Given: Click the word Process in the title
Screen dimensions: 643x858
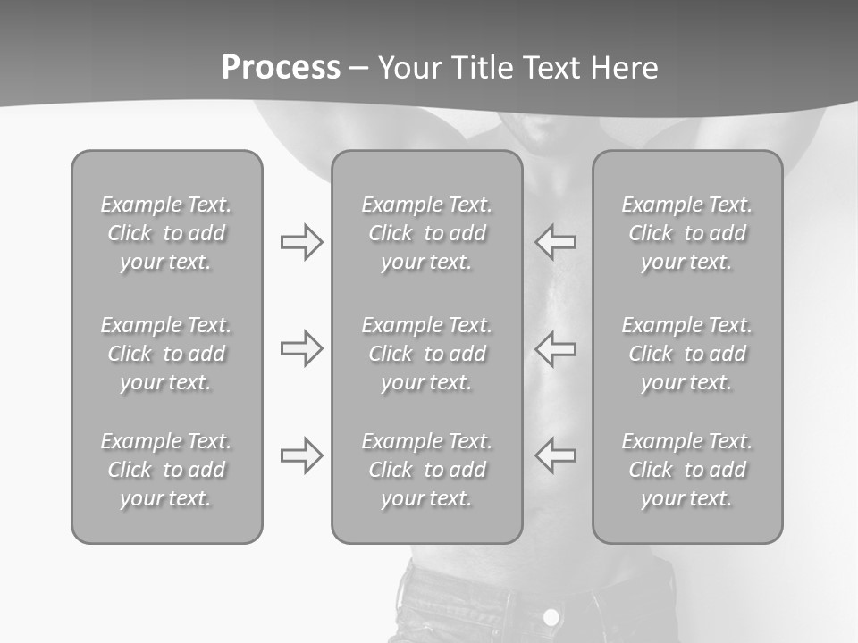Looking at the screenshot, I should (x=281, y=68).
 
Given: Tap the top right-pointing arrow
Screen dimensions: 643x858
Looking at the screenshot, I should (x=301, y=242).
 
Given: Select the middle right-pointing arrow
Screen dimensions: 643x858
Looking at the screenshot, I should (x=301, y=348).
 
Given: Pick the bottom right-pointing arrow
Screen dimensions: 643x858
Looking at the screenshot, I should (x=301, y=455).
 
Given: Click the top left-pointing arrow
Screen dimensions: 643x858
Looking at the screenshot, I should (x=556, y=242).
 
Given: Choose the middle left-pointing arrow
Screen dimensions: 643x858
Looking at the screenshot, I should (x=556, y=348).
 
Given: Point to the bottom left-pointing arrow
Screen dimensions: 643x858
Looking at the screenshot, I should (x=556, y=455).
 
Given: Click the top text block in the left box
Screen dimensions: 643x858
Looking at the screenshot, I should (x=166, y=233).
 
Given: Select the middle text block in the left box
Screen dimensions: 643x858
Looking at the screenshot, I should (x=166, y=354).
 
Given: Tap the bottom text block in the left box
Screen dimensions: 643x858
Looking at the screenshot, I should (x=166, y=470).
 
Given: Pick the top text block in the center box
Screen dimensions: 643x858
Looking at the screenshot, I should (x=427, y=233).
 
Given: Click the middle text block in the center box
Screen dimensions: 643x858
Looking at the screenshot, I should (x=427, y=354).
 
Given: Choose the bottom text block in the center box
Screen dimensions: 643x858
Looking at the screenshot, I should (x=427, y=470).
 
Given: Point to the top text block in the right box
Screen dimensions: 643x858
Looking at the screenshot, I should (x=687, y=233).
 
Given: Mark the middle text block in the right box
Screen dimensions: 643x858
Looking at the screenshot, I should (x=687, y=354).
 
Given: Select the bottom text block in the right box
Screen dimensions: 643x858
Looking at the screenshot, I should (x=687, y=470).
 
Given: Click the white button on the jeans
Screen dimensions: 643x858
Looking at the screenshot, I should (x=551, y=616).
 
